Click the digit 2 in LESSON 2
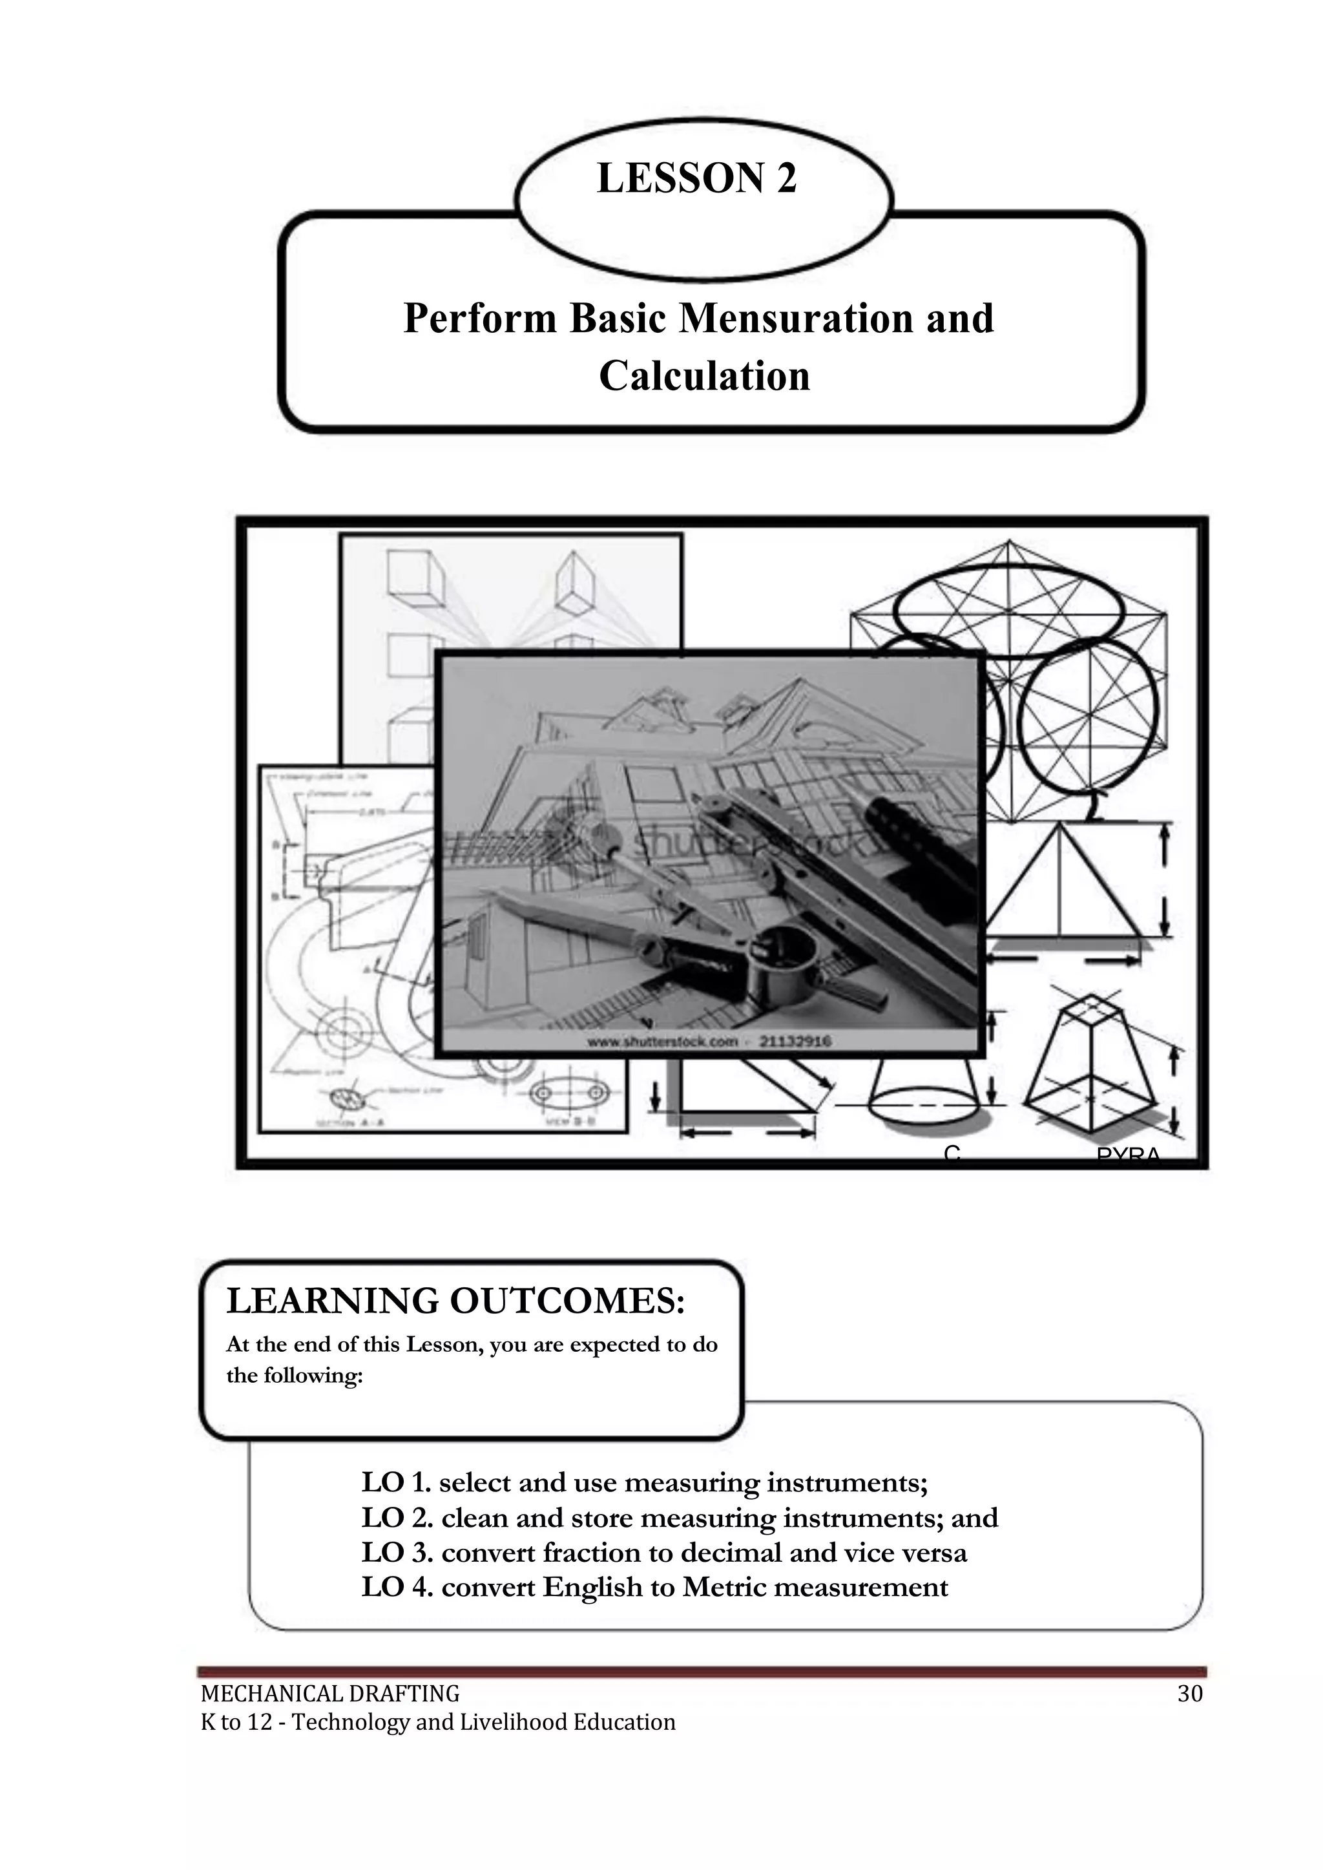[786, 178]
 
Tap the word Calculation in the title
[705, 377]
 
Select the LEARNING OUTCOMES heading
[455, 1301]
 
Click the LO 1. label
[396, 1482]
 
